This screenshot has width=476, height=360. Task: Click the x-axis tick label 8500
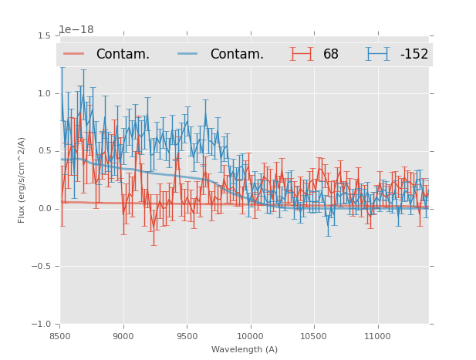click(x=59, y=337)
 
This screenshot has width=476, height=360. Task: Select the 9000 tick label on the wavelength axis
click(x=123, y=337)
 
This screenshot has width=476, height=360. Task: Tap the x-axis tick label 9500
click(x=187, y=337)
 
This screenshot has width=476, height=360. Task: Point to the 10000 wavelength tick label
click(x=250, y=337)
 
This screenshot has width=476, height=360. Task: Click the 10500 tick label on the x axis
click(x=313, y=337)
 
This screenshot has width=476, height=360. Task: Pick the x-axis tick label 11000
click(x=377, y=337)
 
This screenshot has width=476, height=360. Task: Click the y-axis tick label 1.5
click(x=44, y=35)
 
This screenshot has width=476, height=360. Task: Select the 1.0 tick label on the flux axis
click(x=44, y=93)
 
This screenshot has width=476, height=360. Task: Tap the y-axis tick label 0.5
click(x=44, y=151)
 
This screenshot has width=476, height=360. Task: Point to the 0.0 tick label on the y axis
click(x=44, y=209)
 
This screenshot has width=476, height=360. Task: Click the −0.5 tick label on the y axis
click(x=42, y=267)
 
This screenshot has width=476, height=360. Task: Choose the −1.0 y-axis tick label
click(x=42, y=325)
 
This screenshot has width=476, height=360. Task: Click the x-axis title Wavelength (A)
click(x=245, y=349)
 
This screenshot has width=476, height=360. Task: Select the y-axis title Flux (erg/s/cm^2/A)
click(x=22, y=180)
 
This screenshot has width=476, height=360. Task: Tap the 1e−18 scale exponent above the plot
click(x=76, y=30)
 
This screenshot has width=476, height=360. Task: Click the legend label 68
click(x=331, y=54)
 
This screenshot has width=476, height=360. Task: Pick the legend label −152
click(x=414, y=54)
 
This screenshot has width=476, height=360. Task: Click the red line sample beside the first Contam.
click(x=75, y=54)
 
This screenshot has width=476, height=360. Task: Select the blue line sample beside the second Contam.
click(x=189, y=54)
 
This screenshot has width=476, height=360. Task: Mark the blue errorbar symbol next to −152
click(x=378, y=54)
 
